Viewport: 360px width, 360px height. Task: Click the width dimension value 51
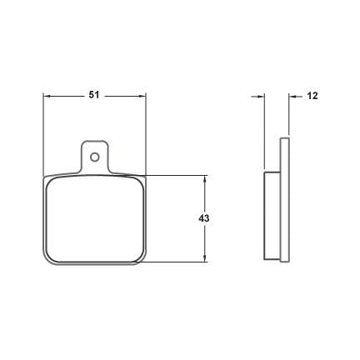pyautogui.click(x=94, y=96)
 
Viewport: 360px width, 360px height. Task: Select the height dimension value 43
pyautogui.click(x=203, y=218)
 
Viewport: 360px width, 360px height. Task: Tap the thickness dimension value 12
pyautogui.click(x=312, y=97)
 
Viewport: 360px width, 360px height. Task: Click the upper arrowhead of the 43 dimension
pyautogui.click(x=204, y=179)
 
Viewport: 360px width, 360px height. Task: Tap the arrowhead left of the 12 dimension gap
pyautogui.click(x=260, y=97)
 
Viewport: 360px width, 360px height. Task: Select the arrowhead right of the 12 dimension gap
pyautogui.click(x=292, y=97)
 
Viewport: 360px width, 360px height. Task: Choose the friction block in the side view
pyautogui.click(x=272, y=215)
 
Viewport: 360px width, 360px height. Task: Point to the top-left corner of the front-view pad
pyautogui.click(x=47, y=178)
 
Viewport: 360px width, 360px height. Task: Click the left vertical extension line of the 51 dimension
pyautogui.click(x=43, y=133)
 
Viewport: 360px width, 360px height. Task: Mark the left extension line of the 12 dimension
pyautogui.click(x=264, y=133)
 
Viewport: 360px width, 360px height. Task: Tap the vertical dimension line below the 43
pyautogui.click(x=204, y=242)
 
